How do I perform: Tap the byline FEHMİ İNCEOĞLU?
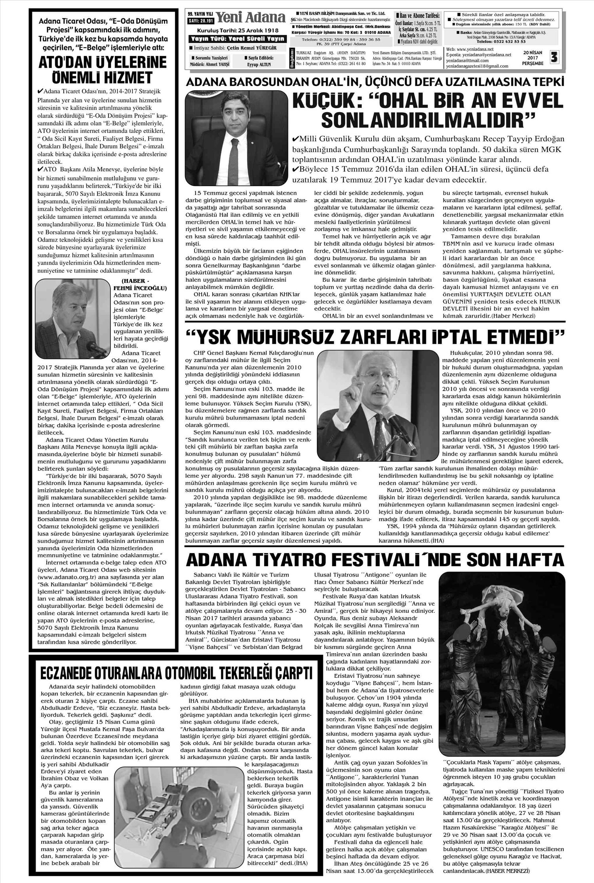point(140,288)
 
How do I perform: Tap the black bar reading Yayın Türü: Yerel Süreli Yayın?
point(237,38)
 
